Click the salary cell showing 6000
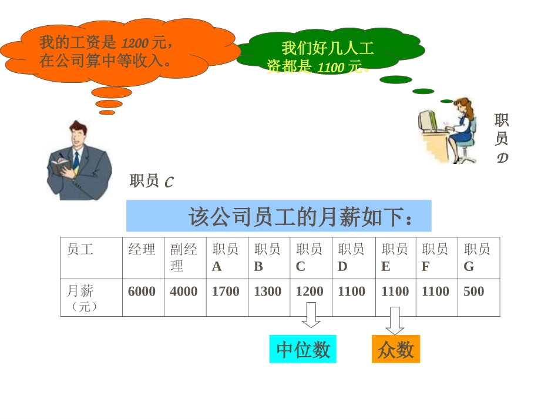[x=142, y=291]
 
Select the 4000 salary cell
[x=184, y=291]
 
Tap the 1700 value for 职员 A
[x=226, y=291]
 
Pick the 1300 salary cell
[x=267, y=291]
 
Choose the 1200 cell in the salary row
[x=310, y=291]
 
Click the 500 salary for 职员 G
[x=474, y=291]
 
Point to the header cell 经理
[x=142, y=250]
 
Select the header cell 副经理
[x=184, y=257]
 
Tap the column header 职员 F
[x=435, y=257]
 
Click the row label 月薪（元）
[x=82, y=298]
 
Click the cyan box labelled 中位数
[x=303, y=350]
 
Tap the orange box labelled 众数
[x=396, y=350]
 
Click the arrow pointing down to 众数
[x=395, y=321]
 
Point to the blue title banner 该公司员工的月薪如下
[x=279, y=216]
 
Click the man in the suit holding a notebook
[x=78, y=161]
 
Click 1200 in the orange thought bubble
[x=135, y=43]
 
